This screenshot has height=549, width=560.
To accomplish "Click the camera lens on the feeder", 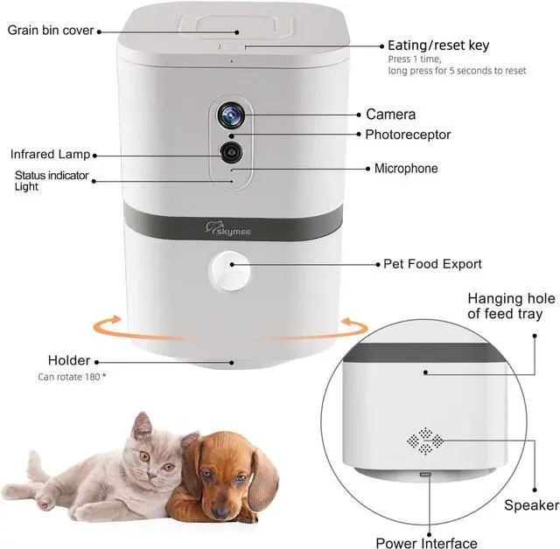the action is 231,115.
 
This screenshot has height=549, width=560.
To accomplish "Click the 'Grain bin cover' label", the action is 50,30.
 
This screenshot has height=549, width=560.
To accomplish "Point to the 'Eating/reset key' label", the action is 438,45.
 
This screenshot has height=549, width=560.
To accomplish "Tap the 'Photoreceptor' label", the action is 408,135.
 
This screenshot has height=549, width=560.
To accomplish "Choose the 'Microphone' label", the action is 406,168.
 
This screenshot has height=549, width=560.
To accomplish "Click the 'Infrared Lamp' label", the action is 51,154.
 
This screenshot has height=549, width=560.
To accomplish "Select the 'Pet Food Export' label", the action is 432,263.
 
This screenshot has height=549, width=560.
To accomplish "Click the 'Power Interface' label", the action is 427,543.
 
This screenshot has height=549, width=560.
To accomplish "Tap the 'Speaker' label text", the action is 531,505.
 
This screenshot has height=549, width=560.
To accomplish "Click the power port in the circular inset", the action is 426,475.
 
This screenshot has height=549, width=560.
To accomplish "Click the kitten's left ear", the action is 141,427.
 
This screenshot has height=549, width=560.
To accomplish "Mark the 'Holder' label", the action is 69,360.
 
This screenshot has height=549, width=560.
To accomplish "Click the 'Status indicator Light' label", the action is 51,181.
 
